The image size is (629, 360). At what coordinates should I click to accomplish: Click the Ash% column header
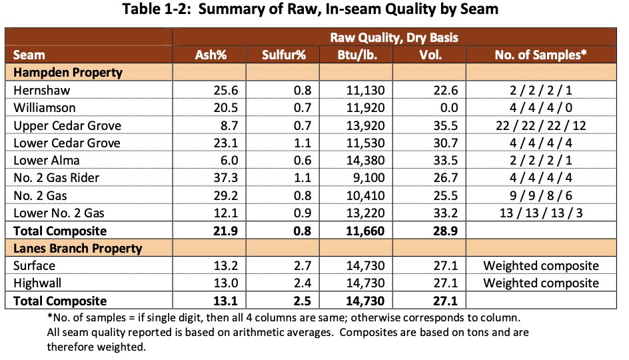tap(211, 55)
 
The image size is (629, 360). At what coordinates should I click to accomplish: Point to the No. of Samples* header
tap(540, 55)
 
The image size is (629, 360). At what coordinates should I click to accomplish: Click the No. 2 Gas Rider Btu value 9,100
tap(364, 179)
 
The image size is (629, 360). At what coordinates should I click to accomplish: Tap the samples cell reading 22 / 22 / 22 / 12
tap(540, 125)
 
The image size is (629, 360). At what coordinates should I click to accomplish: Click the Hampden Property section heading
tap(68, 72)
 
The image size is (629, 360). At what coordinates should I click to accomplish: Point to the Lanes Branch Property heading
tap(78, 249)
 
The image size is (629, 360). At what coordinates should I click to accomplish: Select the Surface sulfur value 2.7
tap(296, 266)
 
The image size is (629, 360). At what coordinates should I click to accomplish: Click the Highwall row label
tap(37, 283)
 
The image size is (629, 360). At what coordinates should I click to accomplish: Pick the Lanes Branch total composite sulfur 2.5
tap(295, 301)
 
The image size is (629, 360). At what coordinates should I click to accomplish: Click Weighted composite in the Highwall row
tap(540, 283)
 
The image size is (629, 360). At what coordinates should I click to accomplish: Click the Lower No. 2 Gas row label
tap(60, 214)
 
